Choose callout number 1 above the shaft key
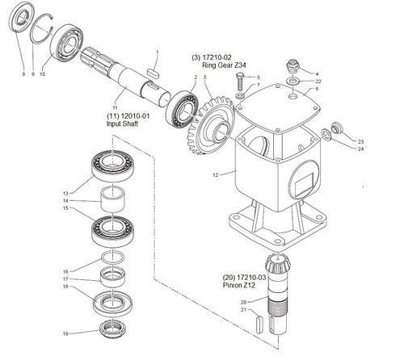click(x=158, y=52)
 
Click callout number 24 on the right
click(x=361, y=149)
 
